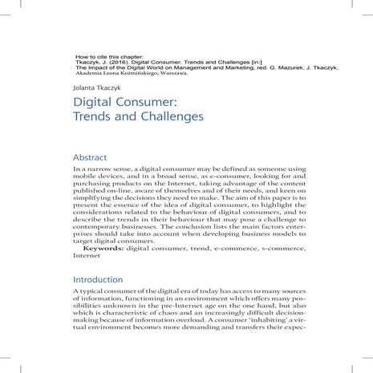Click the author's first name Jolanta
pyautogui.click(x=83, y=90)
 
